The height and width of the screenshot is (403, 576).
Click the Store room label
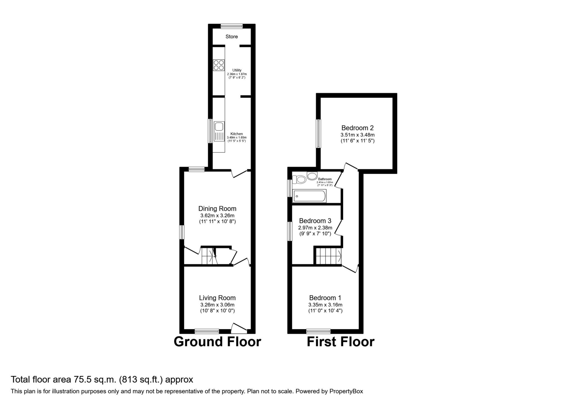[x=231, y=37]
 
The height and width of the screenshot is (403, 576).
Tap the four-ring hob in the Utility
[x=219, y=65]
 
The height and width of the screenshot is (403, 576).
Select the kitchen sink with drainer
[x=219, y=131]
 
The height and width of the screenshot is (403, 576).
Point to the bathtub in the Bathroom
[x=309, y=196]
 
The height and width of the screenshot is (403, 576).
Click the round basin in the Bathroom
[x=312, y=176]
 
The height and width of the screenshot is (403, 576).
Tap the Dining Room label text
[x=217, y=209]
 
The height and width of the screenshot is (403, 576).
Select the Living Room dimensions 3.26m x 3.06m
[x=217, y=305]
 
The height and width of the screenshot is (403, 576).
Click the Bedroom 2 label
[x=357, y=128]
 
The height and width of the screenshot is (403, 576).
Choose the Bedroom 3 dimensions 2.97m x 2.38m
[x=315, y=228]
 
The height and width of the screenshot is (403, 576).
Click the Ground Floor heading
[x=217, y=342]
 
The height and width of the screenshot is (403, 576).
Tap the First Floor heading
[x=340, y=342]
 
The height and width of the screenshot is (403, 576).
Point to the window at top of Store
[x=231, y=26]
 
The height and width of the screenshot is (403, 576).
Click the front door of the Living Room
[x=239, y=328]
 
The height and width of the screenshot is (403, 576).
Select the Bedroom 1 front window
[x=318, y=331]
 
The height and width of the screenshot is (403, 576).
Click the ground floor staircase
[x=209, y=256]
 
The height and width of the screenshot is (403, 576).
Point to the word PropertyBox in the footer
[x=346, y=391]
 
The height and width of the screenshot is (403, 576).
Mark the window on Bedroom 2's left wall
[x=318, y=134]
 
